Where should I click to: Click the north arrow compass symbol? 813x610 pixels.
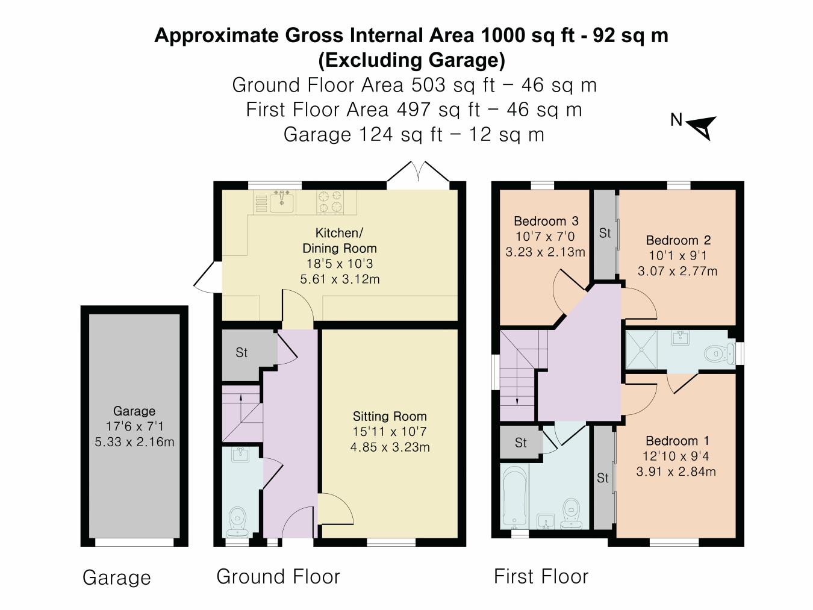[701, 127]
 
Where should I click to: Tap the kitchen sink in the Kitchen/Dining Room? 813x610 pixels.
[281, 202]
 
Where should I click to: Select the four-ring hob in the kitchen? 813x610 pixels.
[330, 202]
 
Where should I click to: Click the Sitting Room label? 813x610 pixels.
[390, 416]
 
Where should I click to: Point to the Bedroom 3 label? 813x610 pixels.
[546, 221]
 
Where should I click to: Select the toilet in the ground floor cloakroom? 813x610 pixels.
[238, 519]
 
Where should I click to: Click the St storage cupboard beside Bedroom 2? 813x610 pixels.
[605, 233]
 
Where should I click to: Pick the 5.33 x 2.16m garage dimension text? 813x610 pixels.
[134, 442]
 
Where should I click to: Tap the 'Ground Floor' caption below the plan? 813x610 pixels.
[278, 576]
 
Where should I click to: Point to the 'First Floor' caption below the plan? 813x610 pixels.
[541, 576]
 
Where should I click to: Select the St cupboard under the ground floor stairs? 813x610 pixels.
[241, 353]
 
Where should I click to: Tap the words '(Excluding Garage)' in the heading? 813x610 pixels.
[411, 60]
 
